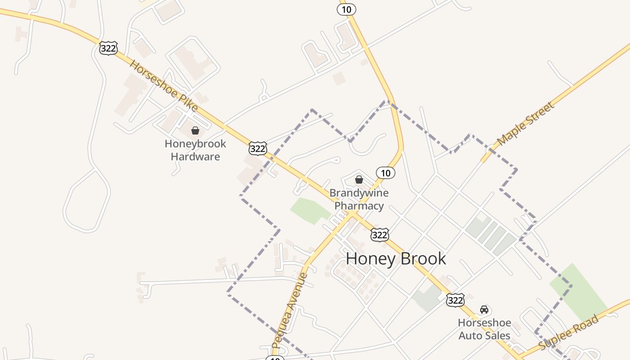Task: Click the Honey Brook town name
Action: click(x=396, y=259)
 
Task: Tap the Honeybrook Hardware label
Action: click(x=195, y=150)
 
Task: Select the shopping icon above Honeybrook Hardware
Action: click(x=195, y=131)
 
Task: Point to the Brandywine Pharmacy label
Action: click(x=359, y=199)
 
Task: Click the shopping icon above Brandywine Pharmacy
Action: click(x=359, y=180)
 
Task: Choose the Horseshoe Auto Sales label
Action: click(x=484, y=329)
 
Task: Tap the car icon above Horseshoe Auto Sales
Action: click(x=484, y=309)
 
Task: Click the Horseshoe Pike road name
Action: click(x=163, y=85)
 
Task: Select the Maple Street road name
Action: click(x=525, y=124)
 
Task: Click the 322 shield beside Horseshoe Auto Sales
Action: click(x=455, y=300)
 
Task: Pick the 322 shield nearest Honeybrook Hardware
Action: click(x=257, y=148)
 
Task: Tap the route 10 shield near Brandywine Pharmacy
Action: click(x=385, y=173)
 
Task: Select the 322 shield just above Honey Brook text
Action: click(x=380, y=234)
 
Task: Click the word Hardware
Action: click(x=195, y=157)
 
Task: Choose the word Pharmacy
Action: click(x=359, y=206)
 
